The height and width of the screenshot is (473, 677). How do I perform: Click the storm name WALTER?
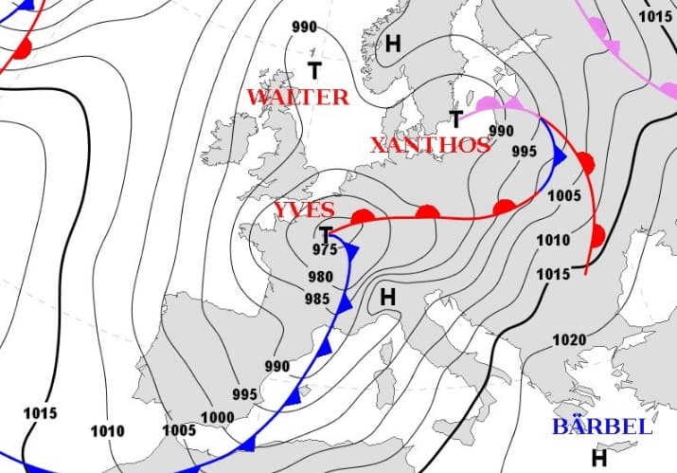click(297, 97)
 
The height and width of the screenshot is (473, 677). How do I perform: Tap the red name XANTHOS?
click(430, 145)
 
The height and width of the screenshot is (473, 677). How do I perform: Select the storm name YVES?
click(304, 209)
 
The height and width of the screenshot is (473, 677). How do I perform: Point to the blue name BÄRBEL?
click(604, 427)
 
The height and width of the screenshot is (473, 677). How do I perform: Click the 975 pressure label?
click(325, 250)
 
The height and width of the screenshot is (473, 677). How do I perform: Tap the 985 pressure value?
click(317, 300)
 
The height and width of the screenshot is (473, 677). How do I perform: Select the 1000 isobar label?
click(217, 417)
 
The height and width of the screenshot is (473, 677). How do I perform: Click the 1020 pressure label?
click(569, 340)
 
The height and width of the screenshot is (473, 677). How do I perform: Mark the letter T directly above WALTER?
click(314, 69)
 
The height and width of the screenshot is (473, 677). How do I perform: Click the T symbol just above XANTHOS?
click(455, 119)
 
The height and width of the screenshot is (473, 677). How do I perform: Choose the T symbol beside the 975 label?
click(326, 233)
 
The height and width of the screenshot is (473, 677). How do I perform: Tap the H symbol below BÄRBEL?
click(598, 458)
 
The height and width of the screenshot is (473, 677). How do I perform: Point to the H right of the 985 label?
click(387, 297)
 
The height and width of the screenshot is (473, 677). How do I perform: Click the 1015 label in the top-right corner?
click(654, 16)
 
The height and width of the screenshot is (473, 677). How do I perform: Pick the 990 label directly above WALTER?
click(305, 27)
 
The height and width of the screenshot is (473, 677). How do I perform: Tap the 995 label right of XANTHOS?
click(524, 152)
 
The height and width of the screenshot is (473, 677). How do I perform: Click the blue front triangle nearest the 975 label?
click(351, 251)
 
